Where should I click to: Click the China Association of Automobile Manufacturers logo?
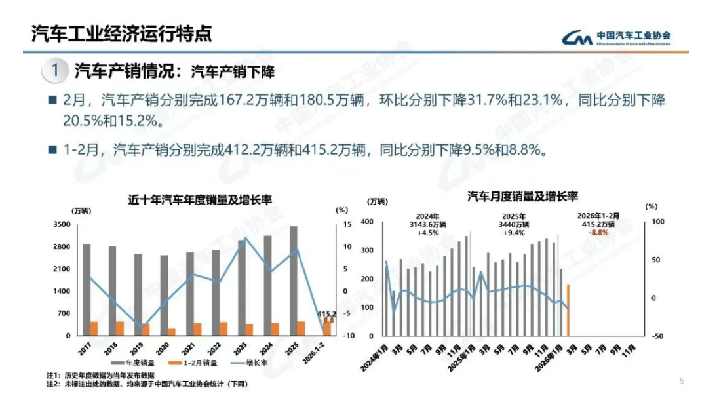click(617, 37)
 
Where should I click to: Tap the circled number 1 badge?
click(57, 70)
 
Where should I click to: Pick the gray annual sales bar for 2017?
click(87, 289)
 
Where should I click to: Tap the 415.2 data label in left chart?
click(326, 314)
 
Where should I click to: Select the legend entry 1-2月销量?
click(194, 363)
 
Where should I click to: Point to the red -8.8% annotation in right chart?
click(598, 233)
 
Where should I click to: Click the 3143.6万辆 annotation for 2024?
click(427, 224)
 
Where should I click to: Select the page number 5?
click(682, 380)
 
